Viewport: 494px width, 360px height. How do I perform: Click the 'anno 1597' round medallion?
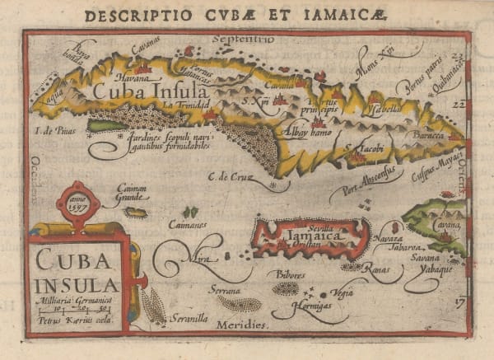coord(79,203)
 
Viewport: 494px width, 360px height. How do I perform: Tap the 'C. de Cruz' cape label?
coord(228,175)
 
